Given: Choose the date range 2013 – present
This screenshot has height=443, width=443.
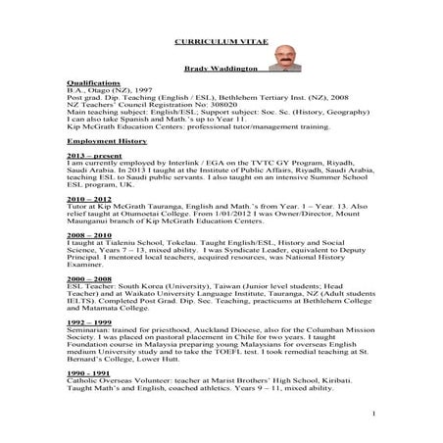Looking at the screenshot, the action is (x=96, y=155).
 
